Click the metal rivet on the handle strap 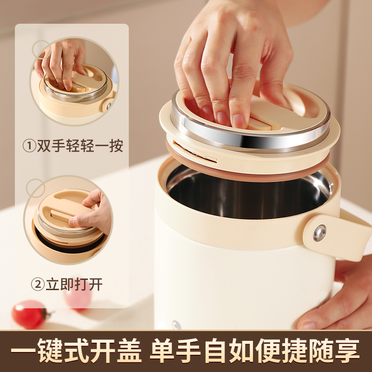319,233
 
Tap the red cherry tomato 30,315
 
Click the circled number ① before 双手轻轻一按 29,146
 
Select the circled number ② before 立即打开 38,284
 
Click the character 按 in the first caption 116,146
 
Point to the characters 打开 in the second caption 88,284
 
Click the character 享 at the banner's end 347,351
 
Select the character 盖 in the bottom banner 128,351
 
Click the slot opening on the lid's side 194,153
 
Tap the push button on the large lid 260,123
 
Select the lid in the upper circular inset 76,83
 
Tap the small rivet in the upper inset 109,106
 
